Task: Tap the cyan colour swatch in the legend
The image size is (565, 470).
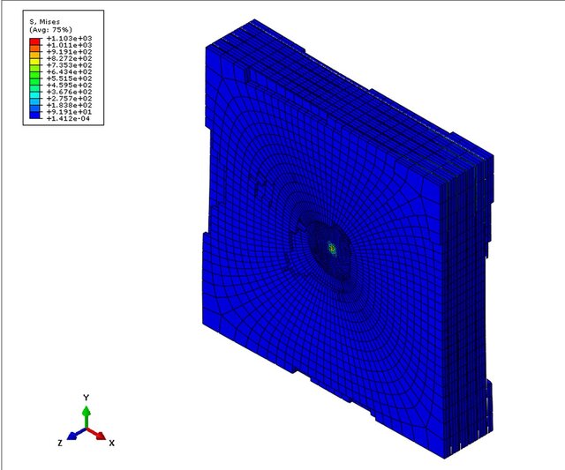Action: (34, 95)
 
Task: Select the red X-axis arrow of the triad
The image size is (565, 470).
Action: (99, 435)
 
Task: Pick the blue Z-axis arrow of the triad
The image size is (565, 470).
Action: (73, 435)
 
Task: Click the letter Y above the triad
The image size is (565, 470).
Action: (86, 398)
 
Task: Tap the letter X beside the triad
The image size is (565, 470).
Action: (111, 442)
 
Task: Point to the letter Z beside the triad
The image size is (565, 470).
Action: (60, 442)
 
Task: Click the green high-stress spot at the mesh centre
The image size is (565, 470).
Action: (333, 250)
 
